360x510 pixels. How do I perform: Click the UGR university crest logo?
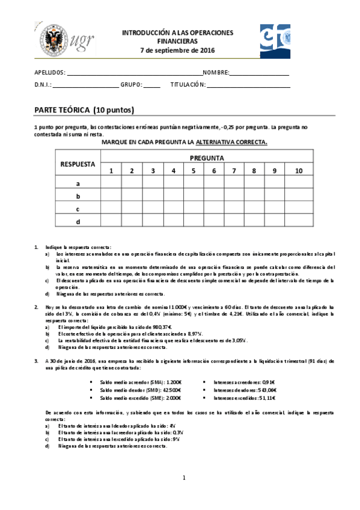[x=51, y=40]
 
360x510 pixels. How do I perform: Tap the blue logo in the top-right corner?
[x=275, y=40]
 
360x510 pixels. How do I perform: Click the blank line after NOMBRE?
[x=259, y=73]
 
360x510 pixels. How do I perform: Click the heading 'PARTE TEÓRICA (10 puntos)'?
[x=84, y=110]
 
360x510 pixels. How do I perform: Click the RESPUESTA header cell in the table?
[x=78, y=164]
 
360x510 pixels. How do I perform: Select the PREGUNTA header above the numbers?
[x=207, y=158]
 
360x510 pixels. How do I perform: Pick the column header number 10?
[x=299, y=171]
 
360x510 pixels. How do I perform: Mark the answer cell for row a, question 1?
[x=111, y=183]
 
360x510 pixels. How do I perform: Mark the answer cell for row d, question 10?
[x=299, y=222]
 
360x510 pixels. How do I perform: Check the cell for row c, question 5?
[x=193, y=209]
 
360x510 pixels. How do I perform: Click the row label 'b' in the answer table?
[x=78, y=196]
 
